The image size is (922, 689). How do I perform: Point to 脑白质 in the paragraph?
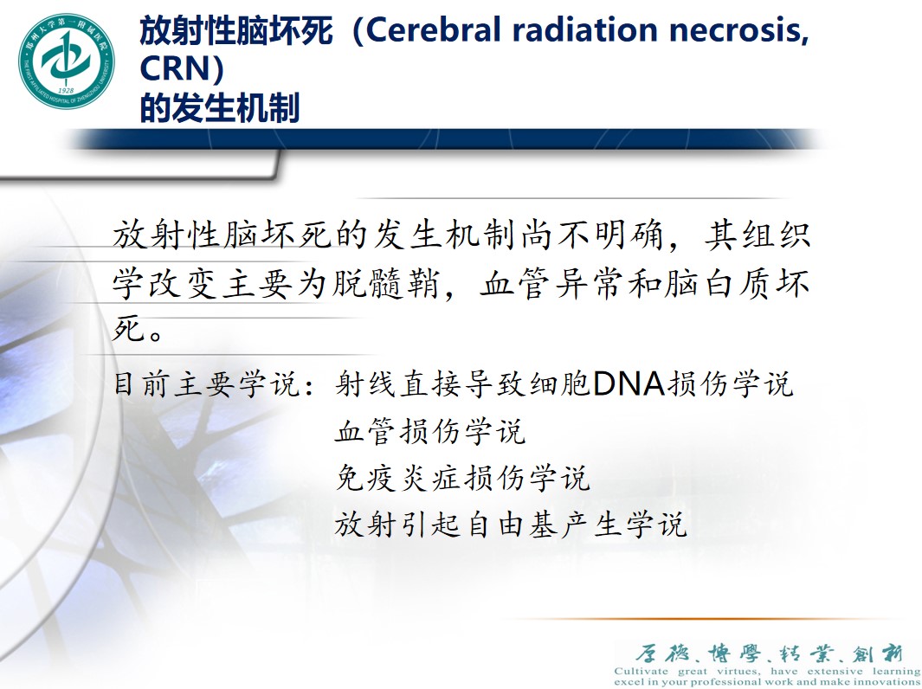pos(701,283)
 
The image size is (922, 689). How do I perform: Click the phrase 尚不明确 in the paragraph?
pos(587,235)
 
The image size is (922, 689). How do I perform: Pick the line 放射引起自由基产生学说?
pos(511,525)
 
